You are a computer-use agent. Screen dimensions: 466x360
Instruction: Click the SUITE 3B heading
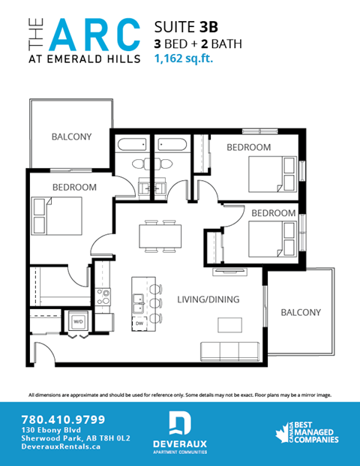click(181, 27)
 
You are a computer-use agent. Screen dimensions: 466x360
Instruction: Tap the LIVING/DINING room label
click(208, 299)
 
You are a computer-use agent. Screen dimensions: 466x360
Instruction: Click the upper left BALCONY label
click(71, 137)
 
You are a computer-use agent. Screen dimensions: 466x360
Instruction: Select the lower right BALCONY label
click(300, 312)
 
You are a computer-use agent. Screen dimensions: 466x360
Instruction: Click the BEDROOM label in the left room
click(74, 186)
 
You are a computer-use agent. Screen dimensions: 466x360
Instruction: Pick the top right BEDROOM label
click(249, 147)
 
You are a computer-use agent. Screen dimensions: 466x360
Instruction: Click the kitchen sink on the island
click(139, 302)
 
